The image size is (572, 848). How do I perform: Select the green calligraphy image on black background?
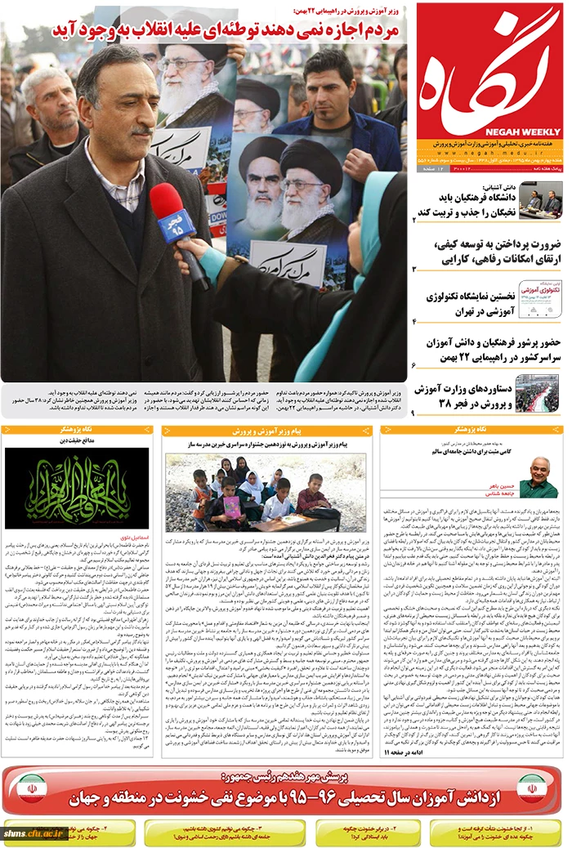tap(77, 489)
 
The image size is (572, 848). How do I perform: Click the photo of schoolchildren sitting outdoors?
tap(266, 492)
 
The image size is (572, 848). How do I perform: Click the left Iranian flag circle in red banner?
tap(33, 791)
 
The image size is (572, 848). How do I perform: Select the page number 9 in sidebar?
tap(414, 414)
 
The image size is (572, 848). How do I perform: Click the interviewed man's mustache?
tap(141, 130)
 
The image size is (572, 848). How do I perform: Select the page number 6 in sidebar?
tap(414, 365)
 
